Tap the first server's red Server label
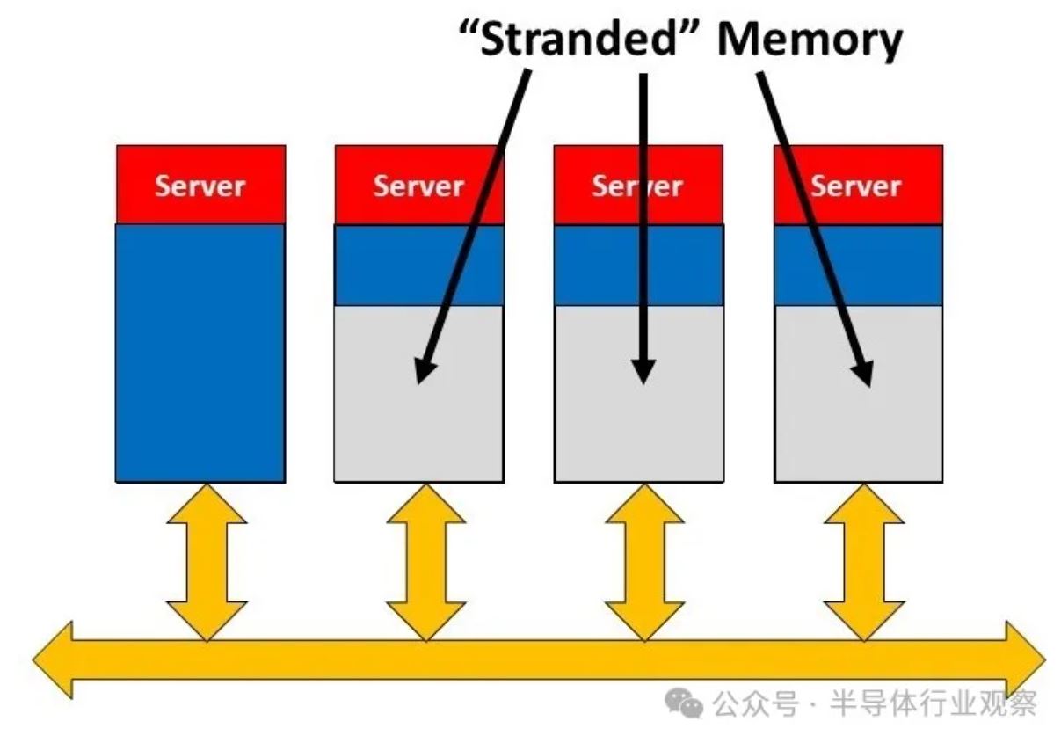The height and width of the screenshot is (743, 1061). coord(200,186)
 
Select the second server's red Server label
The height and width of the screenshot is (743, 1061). coord(419,186)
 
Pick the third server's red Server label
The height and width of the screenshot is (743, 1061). coord(638,186)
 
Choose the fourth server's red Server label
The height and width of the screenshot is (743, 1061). coord(857,186)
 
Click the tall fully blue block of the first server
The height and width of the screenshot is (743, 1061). coord(200,352)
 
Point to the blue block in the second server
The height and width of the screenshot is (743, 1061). coord(419,266)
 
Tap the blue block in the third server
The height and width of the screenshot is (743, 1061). coord(638,266)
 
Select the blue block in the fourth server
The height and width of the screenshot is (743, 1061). coord(857,266)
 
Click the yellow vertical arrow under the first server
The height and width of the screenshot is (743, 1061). coord(207,561)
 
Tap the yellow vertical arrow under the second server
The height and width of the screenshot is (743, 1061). coord(426,561)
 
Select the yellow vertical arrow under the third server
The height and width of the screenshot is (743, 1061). coord(645,561)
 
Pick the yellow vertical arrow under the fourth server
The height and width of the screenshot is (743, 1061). coord(864,561)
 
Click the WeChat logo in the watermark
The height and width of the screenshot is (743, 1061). coord(683,703)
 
